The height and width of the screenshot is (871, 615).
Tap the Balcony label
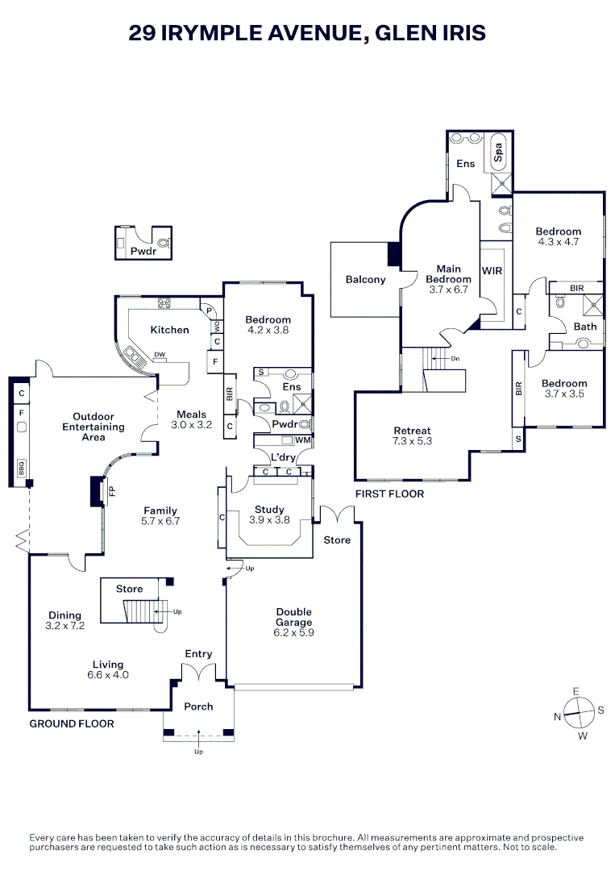366,280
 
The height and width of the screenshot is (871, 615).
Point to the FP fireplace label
112,490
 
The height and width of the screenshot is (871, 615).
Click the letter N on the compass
557,716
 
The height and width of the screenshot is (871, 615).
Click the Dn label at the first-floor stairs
455,358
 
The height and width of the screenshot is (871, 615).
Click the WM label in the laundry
303,440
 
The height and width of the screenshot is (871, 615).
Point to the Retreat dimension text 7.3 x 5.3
413,441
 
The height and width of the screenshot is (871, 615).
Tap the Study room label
269,509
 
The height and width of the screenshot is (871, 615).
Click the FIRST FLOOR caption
389,494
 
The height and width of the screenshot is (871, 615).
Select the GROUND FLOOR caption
72,723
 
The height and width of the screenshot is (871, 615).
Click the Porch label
198,706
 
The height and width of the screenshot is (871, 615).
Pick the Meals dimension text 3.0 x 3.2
191,424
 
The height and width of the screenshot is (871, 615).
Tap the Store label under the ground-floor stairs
129,589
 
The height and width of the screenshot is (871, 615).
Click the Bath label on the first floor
584,327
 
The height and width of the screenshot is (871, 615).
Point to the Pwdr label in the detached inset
143,251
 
